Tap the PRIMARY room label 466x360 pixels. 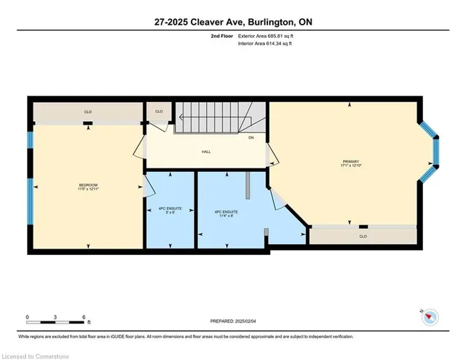pos(351,161)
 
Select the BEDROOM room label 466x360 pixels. pos(87,185)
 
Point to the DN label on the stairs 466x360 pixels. pos(251,138)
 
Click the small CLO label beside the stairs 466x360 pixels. pos(159,111)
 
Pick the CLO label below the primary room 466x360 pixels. pos(363,236)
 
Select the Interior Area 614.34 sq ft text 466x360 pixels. pos(269,44)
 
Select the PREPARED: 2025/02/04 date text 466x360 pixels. pos(233,321)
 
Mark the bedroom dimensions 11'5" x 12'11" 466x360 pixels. pos(87,189)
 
